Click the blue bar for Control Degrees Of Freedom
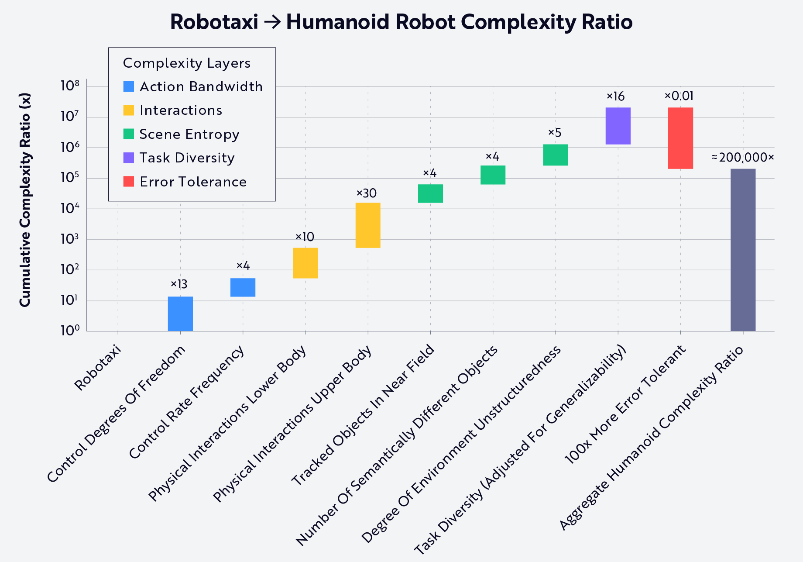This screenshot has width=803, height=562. [x=180, y=314]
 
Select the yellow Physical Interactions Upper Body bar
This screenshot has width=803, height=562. [x=368, y=225]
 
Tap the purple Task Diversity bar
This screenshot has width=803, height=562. [x=618, y=126]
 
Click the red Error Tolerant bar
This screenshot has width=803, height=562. [x=680, y=138]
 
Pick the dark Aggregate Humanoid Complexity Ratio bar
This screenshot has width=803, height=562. [x=743, y=250]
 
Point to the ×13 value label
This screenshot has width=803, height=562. [x=179, y=285]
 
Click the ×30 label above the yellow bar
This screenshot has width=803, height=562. [x=367, y=193]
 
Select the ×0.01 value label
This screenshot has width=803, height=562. [x=679, y=96]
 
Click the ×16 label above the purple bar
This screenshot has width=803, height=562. [x=616, y=97]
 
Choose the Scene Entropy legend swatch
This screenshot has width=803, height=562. [x=129, y=134]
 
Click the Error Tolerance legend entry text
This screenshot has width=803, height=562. [x=193, y=182]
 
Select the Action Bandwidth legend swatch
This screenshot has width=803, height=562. [x=129, y=86]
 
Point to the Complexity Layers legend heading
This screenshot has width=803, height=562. [x=187, y=63]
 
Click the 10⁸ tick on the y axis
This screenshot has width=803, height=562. [x=70, y=86]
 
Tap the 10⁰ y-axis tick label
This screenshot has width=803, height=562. [x=70, y=331]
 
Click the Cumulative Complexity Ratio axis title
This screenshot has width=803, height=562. [x=25, y=200]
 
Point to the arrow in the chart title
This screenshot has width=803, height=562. [x=272, y=22]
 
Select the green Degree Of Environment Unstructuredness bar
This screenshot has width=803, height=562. [x=556, y=155]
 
